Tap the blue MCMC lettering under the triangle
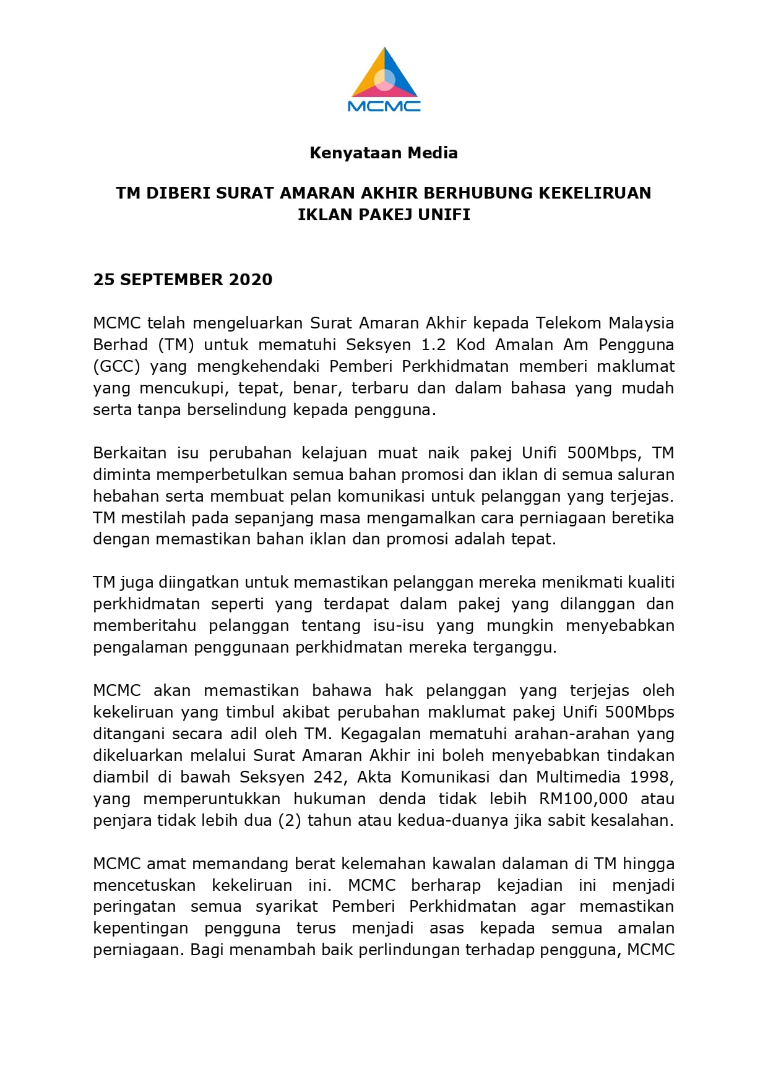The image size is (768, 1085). tap(384, 106)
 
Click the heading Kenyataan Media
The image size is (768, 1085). tap(384, 153)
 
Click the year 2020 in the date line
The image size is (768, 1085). tap(251, 280)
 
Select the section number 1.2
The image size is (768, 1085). tap(433, 345)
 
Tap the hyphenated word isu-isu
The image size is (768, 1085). tap(398, 626)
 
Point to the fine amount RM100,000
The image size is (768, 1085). tap(583, 799)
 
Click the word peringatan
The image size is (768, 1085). tap(134, 907)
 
